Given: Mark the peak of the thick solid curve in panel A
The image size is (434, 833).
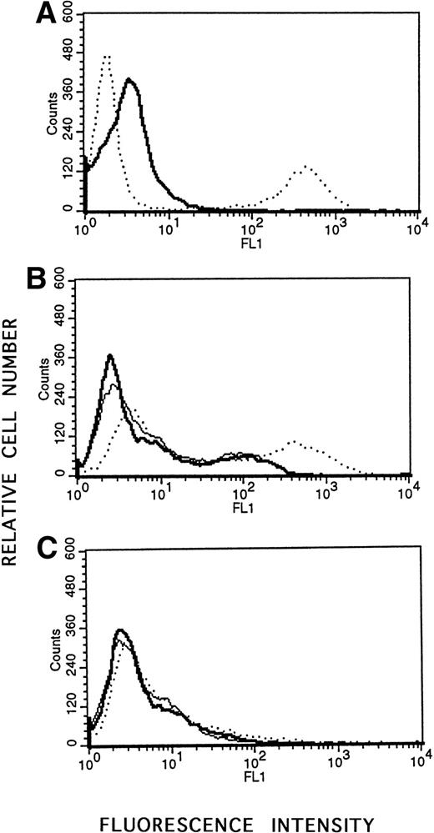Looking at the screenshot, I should (129, 80).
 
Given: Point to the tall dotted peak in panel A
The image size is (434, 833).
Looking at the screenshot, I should (106, 56).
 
